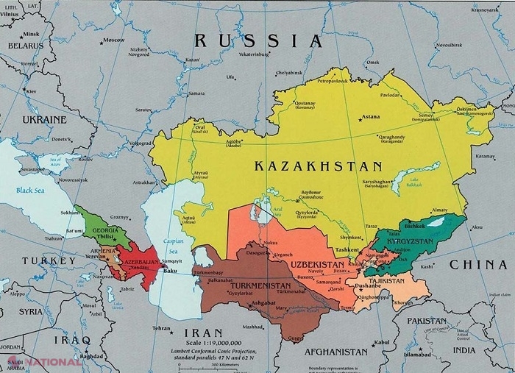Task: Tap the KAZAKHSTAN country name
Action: pyautogui.click(x=319, y=166)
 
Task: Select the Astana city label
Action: pyautogui.click(x=372, y=117)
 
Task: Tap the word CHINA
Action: pyautogui.click(x=477, y=263)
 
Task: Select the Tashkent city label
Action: pyautogui.click(x=346, y=250)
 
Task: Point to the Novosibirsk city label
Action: pyautogui.click(x=450, y=45)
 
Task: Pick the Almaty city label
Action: pyautogui.click(x=439, y=210)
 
